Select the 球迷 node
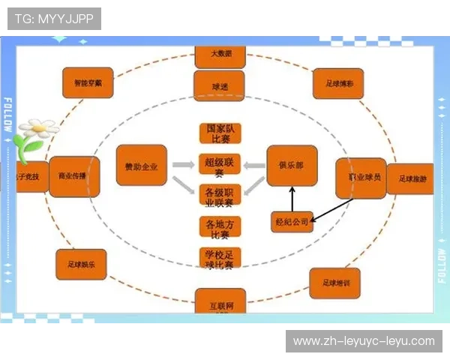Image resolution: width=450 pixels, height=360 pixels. click(219, 86)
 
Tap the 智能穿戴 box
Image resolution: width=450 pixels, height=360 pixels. click(88, 84)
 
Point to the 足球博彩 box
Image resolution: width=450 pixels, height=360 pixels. click(338, 84)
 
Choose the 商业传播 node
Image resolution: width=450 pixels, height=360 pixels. click(73, 175)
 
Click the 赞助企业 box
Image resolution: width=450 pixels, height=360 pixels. click(141, 165)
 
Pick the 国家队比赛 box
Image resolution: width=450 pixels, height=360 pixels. click(220, 133)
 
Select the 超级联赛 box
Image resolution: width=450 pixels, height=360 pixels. click(220, 165)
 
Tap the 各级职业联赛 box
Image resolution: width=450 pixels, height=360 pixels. click(220, 195)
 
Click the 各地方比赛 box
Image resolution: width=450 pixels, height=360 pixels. click(220, 227)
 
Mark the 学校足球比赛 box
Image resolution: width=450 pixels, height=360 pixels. click(220, 259)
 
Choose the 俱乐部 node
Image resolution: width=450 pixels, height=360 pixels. click(292, 165)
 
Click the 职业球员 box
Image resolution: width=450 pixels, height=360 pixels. click(360, 178)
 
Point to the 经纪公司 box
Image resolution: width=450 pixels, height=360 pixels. click(292, 222)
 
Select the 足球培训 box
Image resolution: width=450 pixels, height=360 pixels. click(334, 283)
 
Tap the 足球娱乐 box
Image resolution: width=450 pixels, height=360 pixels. click(81, 264)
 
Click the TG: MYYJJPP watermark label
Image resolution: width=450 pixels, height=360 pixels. click(54, 19)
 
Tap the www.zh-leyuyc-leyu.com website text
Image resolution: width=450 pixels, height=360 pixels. click(363, 341)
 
